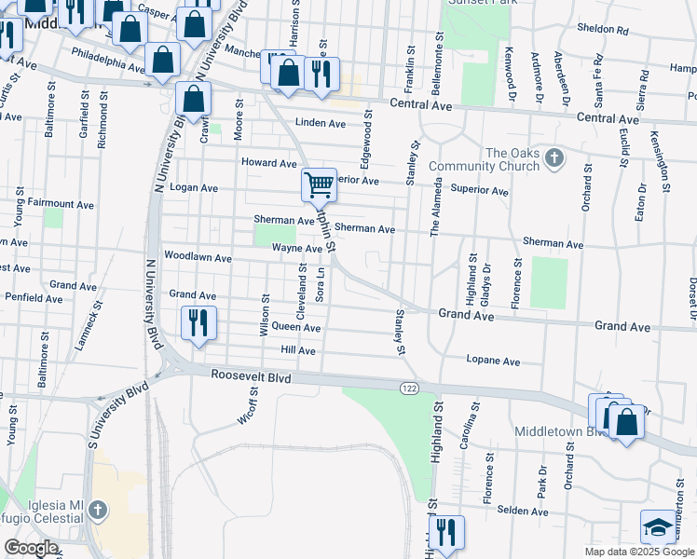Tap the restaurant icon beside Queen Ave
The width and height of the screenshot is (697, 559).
[x=199, y=322]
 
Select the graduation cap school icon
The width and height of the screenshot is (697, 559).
[x=659, y=527]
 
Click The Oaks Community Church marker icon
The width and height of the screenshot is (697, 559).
[x=556, y=157]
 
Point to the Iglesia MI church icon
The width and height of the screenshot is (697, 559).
[x=98, y=511]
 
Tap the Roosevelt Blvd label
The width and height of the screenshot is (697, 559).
[x=251, y=378]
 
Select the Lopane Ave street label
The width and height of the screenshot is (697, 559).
[x=492, y=360]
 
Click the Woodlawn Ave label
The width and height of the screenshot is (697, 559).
[x=197, y=256]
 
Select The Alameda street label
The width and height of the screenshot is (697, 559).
[x=434, y=210]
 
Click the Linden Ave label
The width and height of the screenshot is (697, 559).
[x=320, y=123]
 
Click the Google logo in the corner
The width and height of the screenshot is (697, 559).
[x=31, y=548]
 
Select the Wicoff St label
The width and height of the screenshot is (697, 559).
[x=247, y=407]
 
